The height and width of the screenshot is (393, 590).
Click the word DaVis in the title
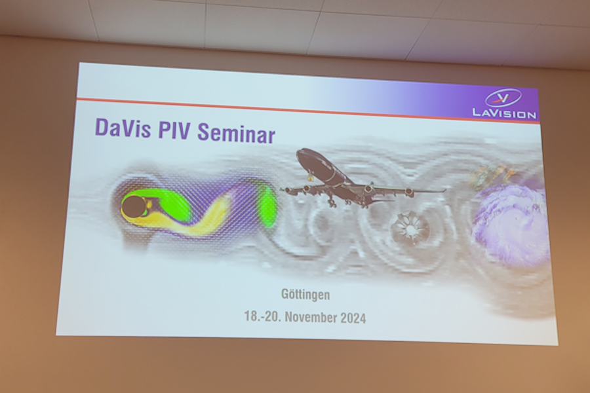[x=123, y=128]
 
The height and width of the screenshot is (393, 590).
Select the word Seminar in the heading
[x=236, y=133]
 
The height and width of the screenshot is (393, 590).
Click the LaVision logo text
[x=504, y=113]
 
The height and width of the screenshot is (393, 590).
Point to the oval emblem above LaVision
[x=503, y=98]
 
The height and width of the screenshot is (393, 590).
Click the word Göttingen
[x=305, y=294]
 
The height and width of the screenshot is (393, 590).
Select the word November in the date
[x=311, y=317]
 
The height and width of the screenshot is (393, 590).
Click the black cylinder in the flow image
[x=134, y=206]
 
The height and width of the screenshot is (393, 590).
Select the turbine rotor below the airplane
[x=409, y=228]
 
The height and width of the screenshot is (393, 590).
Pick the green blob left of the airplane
[x=268, y=206]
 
